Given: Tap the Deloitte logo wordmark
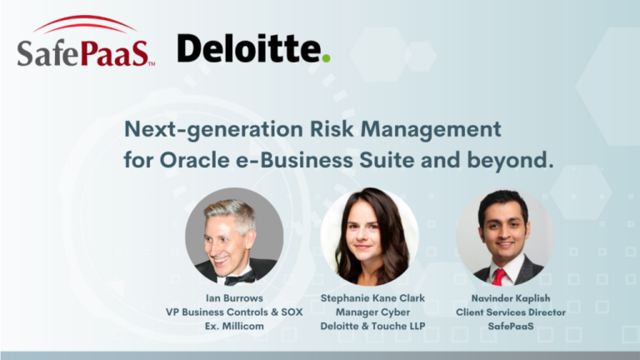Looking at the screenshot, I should tap(249, 49).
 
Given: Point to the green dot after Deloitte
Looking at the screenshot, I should tap(326, 57).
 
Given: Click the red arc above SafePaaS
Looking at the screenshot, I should tap(83, 23).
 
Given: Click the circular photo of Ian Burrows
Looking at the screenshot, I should tap(234, 237).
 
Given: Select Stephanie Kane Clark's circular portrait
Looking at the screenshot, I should tap(370, 237).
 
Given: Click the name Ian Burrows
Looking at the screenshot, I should tap(234, 297).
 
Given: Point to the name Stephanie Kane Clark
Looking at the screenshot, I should tap(370, 297).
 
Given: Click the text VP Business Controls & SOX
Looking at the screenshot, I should tap(234, 312).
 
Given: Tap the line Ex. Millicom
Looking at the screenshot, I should tap(234, 327).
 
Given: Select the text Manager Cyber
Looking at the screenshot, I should tap(370, 312).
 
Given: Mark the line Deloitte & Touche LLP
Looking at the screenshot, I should tap(370, 327).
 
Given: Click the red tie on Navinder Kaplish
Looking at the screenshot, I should tap(499, 276).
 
